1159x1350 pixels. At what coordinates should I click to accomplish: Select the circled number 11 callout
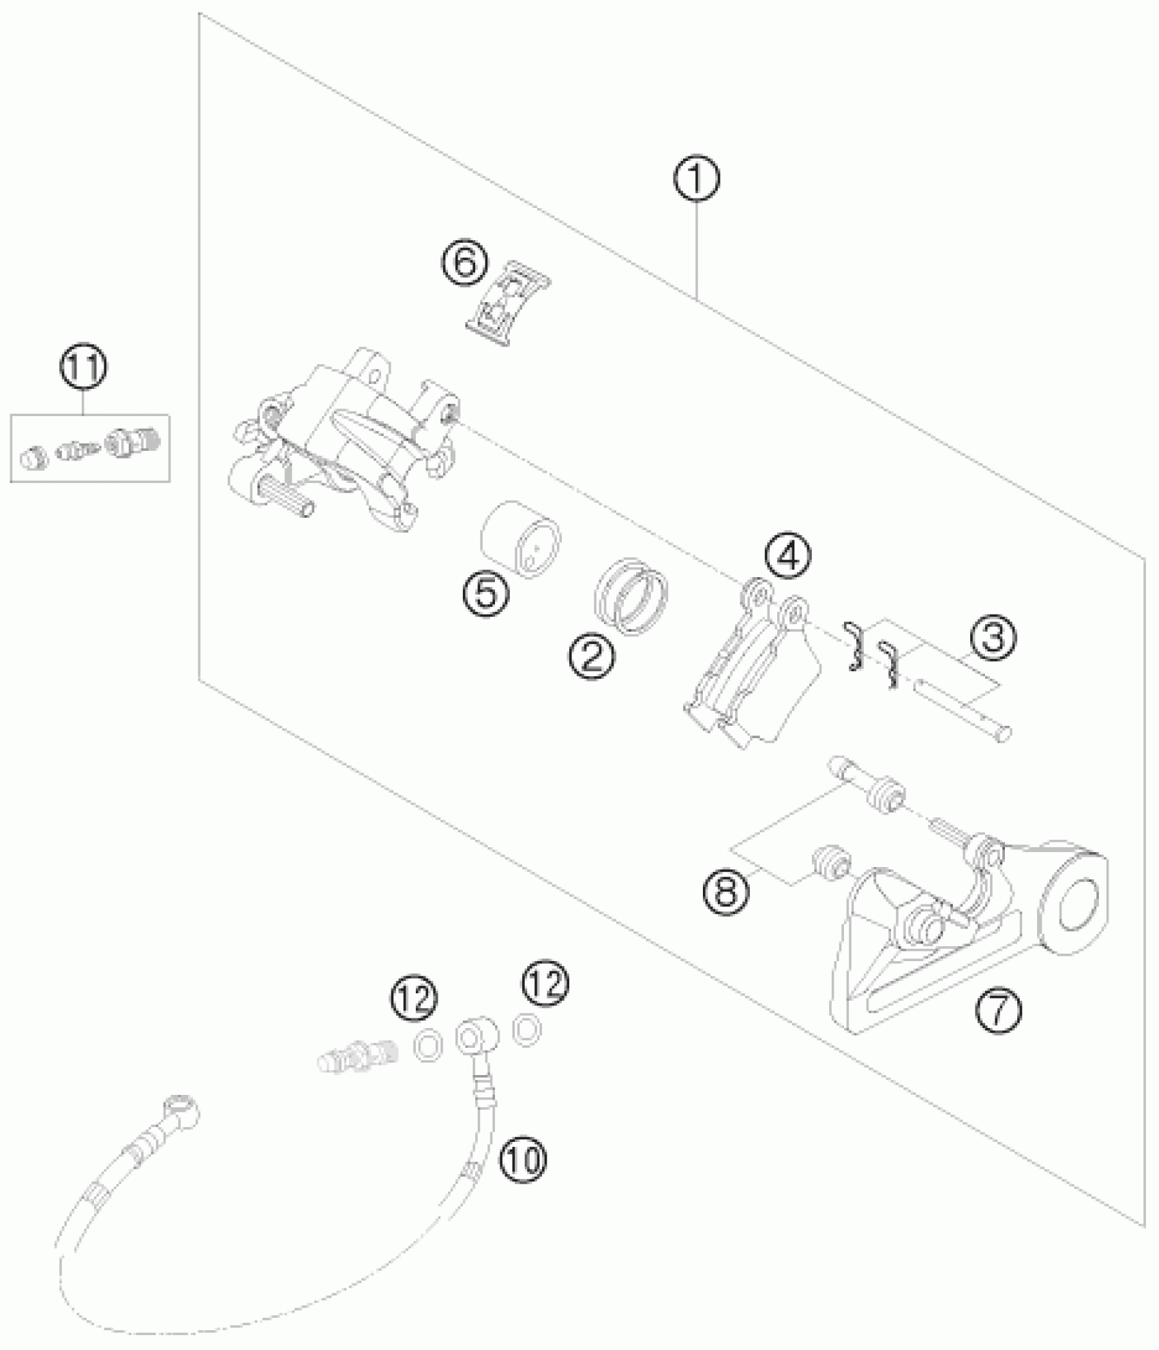84,369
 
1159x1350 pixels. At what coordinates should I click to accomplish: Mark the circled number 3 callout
992,639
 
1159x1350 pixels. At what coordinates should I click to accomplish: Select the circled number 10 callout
523,1158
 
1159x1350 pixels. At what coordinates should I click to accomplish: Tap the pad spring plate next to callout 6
509,304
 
